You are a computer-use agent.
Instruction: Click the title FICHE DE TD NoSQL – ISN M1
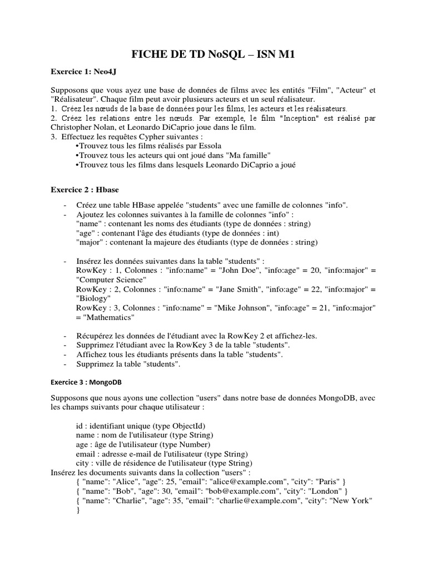pyautogui.click(x=213, y=54)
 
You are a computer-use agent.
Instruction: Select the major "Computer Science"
pyautogui.click(x=111, y=279)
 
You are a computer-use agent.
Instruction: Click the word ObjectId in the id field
pyautogui.click(x=173, y=426)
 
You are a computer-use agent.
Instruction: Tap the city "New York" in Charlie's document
pyautogui.click(x=352, y=500)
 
